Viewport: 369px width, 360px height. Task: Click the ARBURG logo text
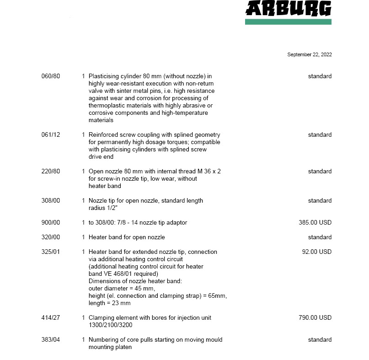[x=288, y=8]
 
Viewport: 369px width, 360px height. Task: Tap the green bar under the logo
[x=288, y=21]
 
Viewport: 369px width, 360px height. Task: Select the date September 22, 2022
[x=309, y=55]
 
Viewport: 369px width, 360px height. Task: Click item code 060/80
[x=50, y=76]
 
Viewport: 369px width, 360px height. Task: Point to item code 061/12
[x=50, y=135]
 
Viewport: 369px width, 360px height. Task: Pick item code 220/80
[x=50, y=172]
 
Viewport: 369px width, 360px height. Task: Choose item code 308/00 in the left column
[x=50, y=201]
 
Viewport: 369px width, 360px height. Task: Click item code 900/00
[x=50, y=223]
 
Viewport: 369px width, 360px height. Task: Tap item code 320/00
[x=50, y=237]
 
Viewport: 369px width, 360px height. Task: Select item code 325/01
[x=50, y=252]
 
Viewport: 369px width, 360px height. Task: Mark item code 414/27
[x=50, y=318]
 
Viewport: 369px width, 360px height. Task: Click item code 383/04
[x=50, y=340]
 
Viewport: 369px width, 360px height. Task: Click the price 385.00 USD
[x=315, y=223]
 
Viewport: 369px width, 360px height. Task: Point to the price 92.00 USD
[x=317, y=252]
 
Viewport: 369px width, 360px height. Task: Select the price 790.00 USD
[x=315, y=318]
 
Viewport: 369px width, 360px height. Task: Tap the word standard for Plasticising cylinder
[x=320, y=76]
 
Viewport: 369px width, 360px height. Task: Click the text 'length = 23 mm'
[x=109, y=303]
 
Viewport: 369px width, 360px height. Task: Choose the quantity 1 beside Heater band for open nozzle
[x=83, y=237]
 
